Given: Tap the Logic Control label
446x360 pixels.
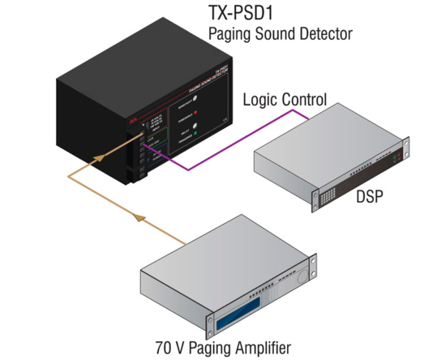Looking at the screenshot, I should [x=285, y=100].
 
